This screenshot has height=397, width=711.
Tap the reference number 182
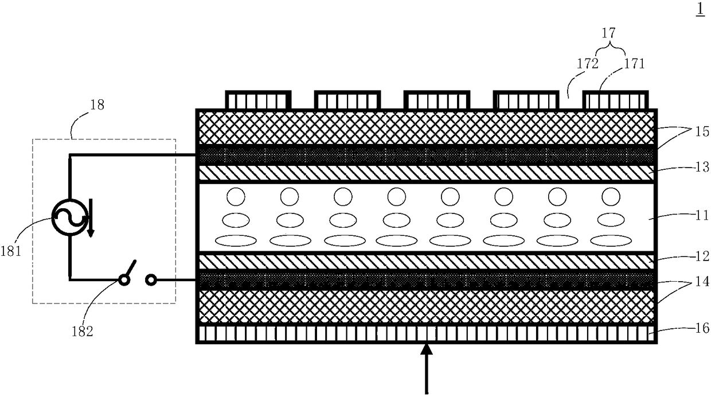coord(81,331)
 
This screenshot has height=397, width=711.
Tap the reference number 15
coord(702,131)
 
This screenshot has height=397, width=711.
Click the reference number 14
coord(702,283)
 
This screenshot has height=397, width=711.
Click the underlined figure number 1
coord(700,11)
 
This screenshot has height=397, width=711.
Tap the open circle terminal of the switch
coord(151,280)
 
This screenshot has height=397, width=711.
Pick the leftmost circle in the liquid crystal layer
coord(235,197)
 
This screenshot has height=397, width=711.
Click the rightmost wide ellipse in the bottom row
coord(611,240)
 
